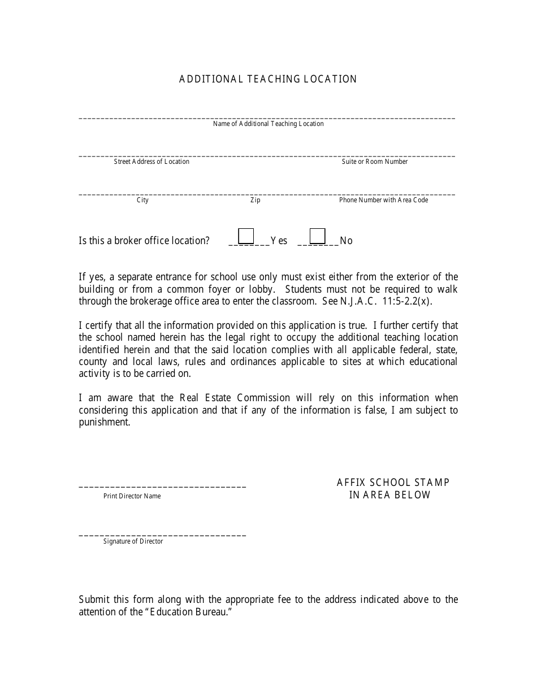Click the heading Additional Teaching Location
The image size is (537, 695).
268,79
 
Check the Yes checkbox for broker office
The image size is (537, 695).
246,236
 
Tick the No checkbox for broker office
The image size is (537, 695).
318,236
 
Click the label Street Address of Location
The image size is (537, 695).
151,162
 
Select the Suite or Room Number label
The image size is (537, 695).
374,162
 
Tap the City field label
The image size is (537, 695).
142,200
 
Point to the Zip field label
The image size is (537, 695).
255,200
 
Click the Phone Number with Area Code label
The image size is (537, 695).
383,200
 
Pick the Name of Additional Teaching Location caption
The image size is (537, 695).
268,124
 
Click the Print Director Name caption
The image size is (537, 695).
132,496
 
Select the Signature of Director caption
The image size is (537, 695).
133,541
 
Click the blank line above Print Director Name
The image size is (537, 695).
162,486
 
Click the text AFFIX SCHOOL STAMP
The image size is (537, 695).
393,483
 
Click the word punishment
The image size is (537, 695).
104,422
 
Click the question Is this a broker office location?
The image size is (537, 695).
144,241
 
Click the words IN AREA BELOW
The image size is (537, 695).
389,495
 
